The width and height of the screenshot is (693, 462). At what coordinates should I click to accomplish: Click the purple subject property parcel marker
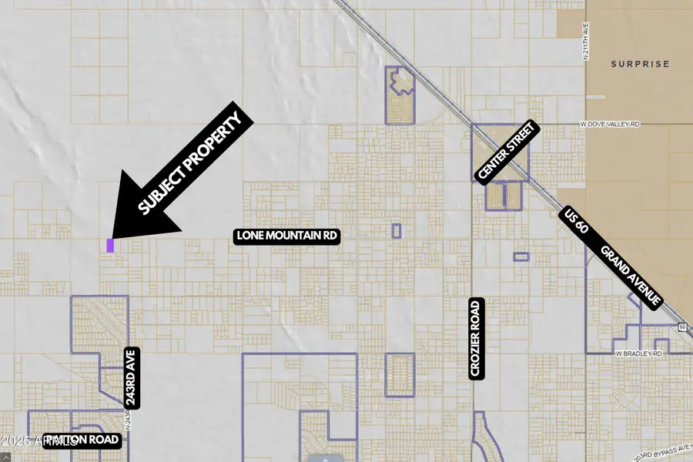point(110,246)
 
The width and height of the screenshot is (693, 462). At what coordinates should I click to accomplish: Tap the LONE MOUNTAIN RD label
point(286,236)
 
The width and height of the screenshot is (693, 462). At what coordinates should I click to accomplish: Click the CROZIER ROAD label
point(475,338)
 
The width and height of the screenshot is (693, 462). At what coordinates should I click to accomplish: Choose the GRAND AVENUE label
point(631,276)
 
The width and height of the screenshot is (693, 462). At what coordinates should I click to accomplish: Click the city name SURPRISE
point(641,64)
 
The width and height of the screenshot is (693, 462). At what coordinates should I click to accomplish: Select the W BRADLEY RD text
point(638,353)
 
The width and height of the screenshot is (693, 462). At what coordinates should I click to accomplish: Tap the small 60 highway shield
point(683,326)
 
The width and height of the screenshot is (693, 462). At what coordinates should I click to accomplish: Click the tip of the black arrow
point(112,236)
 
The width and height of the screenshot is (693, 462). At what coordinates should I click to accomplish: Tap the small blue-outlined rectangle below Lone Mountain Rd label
point(397,230)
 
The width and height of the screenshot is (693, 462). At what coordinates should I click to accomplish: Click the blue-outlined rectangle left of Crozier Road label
point(400,375)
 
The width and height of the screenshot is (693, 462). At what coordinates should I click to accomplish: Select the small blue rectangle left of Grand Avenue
point(521,256)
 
